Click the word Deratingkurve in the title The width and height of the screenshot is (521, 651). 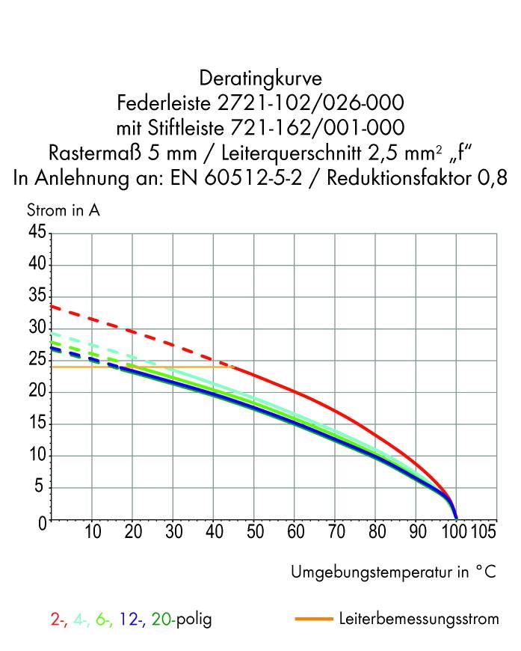[260, 79]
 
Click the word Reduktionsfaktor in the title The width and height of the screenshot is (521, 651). [412, 180]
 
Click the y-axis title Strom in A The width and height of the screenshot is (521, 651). [64, 211]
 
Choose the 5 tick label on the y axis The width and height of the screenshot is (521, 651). [42, 489]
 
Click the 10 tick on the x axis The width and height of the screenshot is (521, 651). [92, 533]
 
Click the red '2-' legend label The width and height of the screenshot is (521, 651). [58, 620]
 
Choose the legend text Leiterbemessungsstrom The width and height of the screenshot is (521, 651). [419, 620]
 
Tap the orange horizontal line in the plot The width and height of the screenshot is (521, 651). [149, 367]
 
